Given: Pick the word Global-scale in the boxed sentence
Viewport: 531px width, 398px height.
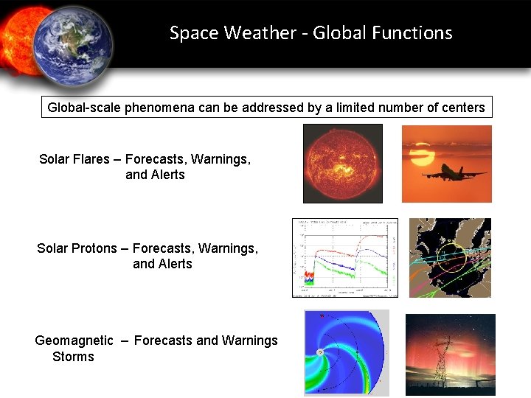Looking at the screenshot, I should [x=84, y=108].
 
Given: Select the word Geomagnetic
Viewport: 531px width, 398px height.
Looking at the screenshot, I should [x=74, y=341].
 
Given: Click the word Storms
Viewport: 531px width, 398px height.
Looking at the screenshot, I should [x=73, y=357].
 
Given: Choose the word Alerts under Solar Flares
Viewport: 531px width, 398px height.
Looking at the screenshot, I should [x=167, y=175].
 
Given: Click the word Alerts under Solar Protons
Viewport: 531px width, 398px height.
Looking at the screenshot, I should [x=174, y=264].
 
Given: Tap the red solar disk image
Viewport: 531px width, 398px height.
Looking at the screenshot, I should [x=343, y=163].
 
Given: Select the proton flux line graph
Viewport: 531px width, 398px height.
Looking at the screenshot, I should [x=344, y=258].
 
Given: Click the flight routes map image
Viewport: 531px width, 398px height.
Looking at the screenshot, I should [x=450, y=258].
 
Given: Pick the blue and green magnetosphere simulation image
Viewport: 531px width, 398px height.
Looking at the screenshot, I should [x=346, y=353].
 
